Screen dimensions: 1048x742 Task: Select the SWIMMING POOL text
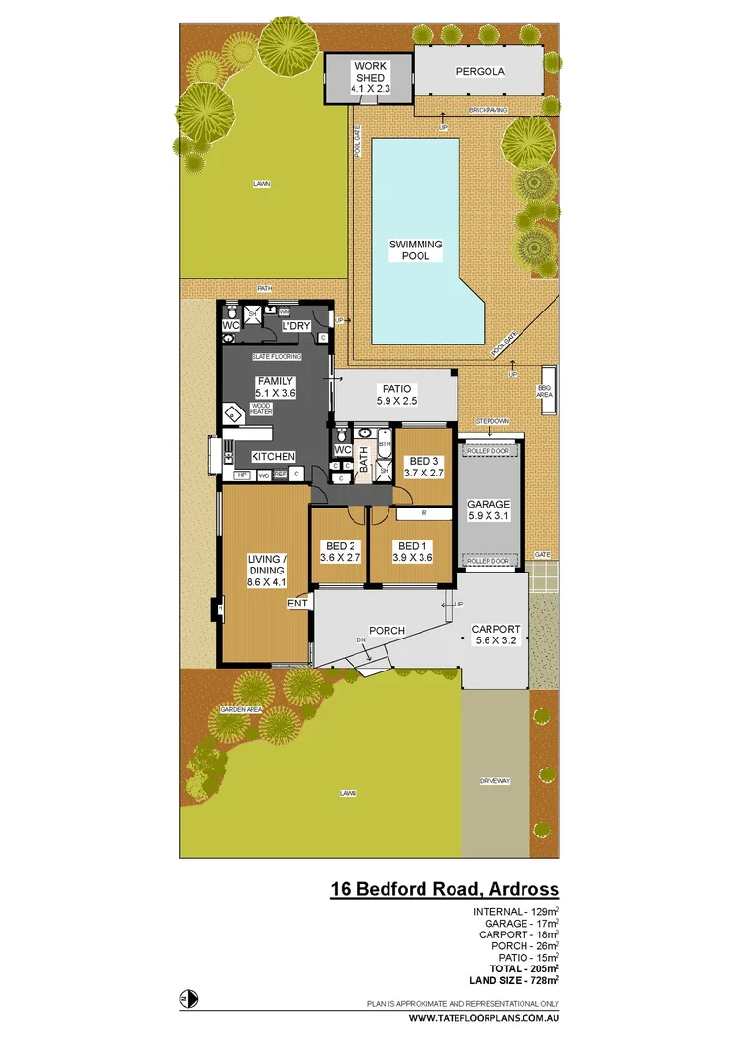[x=416, y=250]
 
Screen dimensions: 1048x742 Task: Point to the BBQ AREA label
[x=544, y=391]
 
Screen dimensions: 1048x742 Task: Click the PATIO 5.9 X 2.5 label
[x=396, y=394]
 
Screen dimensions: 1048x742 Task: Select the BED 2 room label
[x=340, y=551]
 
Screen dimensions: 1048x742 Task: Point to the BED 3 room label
[x=425, y=467]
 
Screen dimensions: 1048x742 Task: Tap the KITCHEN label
[x=273, y=456]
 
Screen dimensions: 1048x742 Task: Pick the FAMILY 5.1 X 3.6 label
[x=275, y=387]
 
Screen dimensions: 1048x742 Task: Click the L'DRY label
[x=295, y=327]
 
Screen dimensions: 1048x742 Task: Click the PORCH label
[x=388, y=631]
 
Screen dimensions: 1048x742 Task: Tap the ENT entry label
[x=297, y=604]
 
